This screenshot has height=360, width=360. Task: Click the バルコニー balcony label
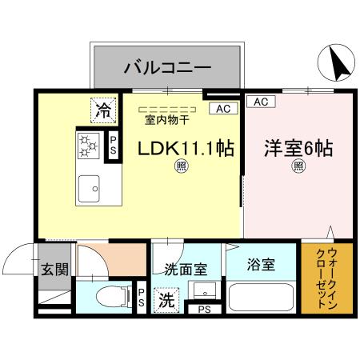(167, 67)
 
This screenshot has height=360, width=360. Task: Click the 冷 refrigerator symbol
(104, 108)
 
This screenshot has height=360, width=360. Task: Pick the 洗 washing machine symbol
(166, 302)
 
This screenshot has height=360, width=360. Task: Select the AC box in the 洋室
(261, 102)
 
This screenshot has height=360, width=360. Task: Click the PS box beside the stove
(114, 146)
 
